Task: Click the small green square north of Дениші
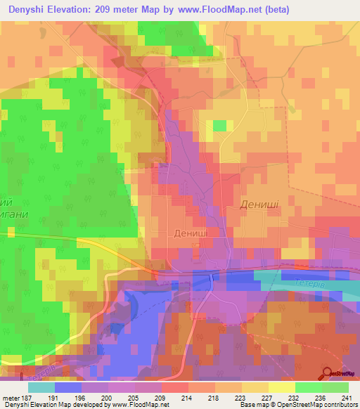point(220,126)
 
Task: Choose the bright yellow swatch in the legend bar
point(281,387)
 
